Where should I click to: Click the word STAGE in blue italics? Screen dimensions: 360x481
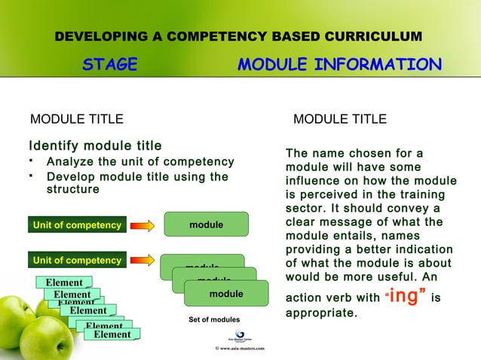110,66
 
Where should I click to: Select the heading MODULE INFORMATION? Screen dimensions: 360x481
339,66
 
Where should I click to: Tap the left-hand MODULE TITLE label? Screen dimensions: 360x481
76,119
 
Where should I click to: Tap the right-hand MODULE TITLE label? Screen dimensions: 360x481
339,119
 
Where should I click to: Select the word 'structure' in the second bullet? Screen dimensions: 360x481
73,189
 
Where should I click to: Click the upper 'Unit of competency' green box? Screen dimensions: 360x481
76,224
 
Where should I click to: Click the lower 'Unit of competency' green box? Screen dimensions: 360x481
76,261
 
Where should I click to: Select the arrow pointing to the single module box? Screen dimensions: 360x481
142,224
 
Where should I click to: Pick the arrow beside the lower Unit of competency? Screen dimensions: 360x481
142,261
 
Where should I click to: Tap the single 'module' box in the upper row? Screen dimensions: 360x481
206,224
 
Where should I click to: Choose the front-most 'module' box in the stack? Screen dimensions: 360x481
225,294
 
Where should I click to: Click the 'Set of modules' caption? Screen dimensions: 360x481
214,320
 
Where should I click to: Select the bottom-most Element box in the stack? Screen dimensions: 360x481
112,334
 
